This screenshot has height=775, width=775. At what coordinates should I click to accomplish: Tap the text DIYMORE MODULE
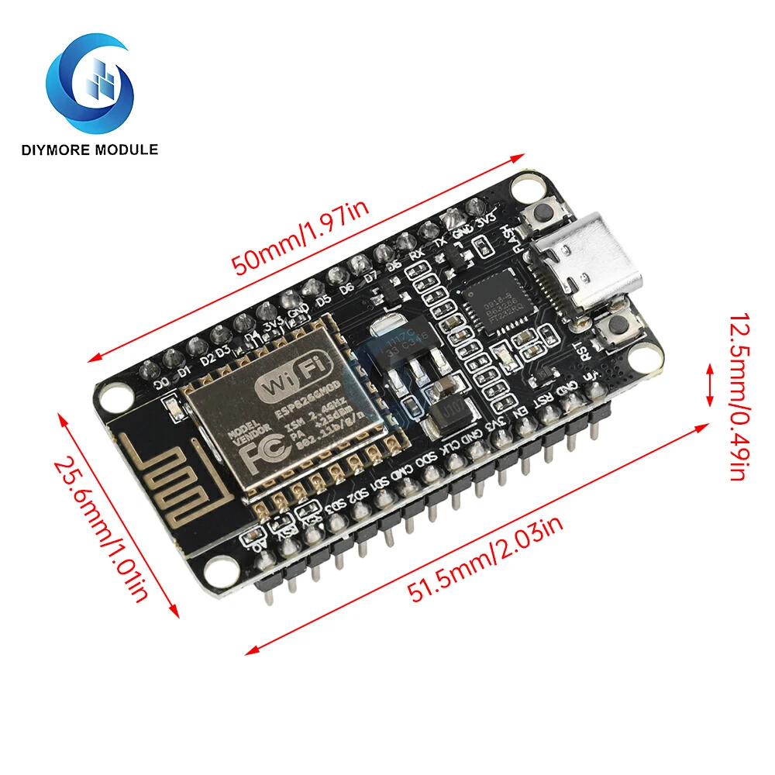pyautogui.click(x=91, y=150)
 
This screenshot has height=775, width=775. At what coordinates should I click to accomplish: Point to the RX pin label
pyautogui.click(x=416, y=253)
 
